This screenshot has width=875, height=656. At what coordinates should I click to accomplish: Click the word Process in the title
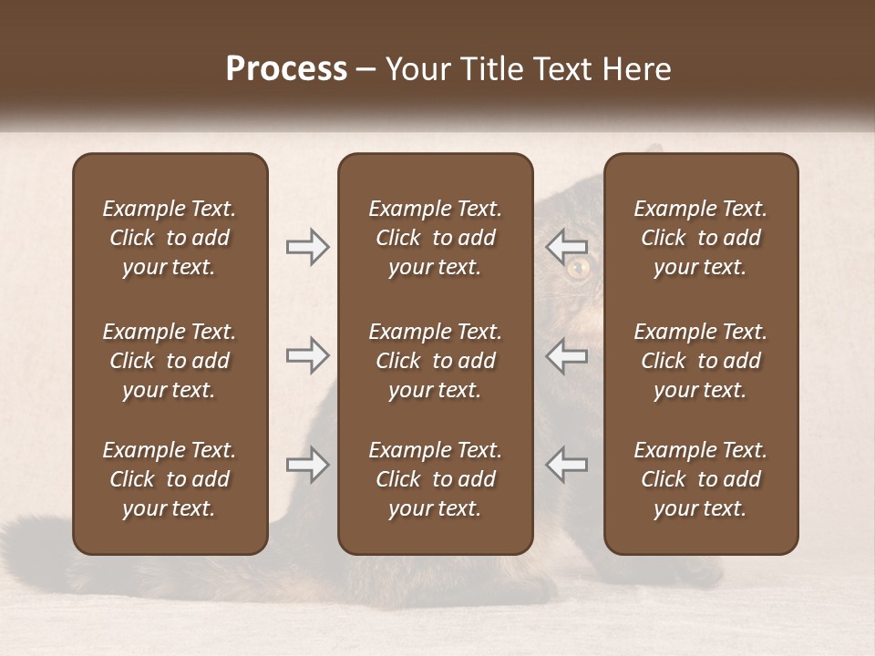click(x=286, y=69)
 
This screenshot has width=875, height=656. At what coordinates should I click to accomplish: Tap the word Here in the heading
click(x=636, y=69)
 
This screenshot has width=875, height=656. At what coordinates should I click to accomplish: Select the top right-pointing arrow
click(x=308, y=247)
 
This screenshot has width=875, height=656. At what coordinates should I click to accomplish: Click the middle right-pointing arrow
click(x=308, y=355)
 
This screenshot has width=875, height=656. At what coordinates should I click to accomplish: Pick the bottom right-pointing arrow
click(x=308, y=465)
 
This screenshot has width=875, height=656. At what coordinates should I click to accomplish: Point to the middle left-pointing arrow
click(x=566, y=355)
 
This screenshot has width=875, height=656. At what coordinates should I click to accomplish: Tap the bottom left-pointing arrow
click(x=566, y=465)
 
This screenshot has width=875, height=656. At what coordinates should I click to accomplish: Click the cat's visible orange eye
click(x=578, y=268)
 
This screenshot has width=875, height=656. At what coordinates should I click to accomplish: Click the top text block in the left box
click(x=170, y=238)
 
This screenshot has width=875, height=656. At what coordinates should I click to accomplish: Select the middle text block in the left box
click(x=170, y=361)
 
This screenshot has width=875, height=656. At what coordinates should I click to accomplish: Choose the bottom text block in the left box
click(x=170, y=479)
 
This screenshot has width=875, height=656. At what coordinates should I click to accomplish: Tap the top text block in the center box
click(x=435, y=238)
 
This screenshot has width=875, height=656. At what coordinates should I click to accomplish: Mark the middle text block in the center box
click(x=435, y=361)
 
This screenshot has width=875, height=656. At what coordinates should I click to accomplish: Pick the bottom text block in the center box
click(x=435, y=479)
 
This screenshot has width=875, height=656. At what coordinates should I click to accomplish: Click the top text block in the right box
click(x=700, y=238)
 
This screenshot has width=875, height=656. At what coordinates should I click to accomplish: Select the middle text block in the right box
click(x=700, y=361)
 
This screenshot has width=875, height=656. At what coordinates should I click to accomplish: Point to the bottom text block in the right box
click(x=700, y=479)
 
